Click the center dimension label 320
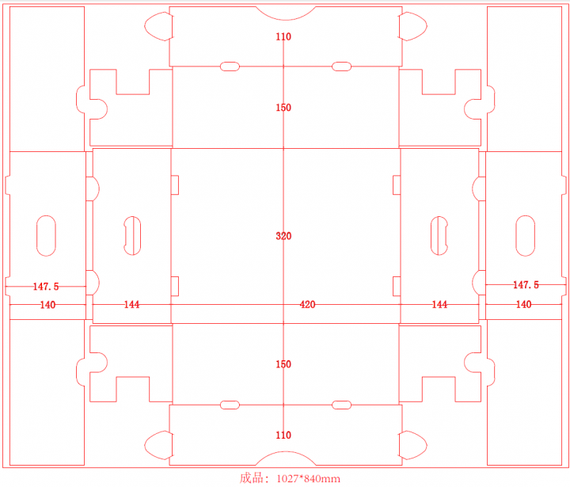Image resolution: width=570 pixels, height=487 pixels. coord(283,236)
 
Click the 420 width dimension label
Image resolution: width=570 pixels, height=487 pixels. coord(306,304)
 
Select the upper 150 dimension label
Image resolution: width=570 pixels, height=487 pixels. coord(283,108)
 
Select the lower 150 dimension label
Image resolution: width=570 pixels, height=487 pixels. coord(283,364)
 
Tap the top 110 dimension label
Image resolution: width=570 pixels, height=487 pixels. coord(283,37)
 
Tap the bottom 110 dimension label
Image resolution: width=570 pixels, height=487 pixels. coord(283,435)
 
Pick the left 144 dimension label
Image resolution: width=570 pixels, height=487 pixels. coord(131,304)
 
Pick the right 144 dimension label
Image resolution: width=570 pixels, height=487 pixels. coord(439,304)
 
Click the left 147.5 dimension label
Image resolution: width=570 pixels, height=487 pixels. coord(47,285)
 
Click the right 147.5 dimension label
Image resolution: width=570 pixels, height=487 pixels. coord(526,284)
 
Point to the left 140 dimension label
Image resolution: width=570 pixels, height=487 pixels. coord(47,304)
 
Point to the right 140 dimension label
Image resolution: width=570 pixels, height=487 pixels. coord(524,304)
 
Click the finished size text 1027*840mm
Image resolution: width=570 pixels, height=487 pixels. coord(290,478)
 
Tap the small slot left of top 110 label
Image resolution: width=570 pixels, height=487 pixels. coord(230,67)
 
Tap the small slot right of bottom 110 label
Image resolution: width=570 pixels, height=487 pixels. coord(341,405)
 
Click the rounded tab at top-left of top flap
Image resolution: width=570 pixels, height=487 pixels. coord(158,27)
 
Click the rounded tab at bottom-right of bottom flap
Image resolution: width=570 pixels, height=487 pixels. coord(413,445)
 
